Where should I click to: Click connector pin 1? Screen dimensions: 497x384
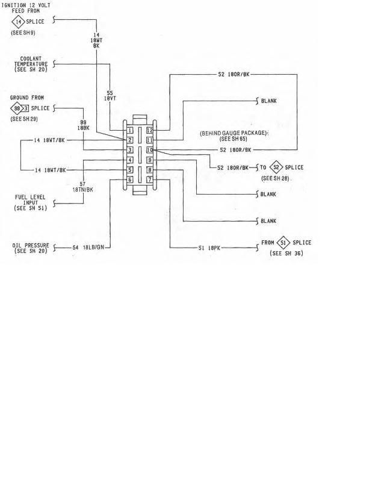[129, 130]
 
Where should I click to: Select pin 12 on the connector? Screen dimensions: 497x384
[150, 130]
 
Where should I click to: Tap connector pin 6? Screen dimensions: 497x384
[129, 180]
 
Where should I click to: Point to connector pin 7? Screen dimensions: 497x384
[150, 180]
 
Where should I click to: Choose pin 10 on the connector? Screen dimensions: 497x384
[150, 150]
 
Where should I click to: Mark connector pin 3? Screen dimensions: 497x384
[129, 150]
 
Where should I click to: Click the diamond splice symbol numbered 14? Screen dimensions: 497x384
[19, 22]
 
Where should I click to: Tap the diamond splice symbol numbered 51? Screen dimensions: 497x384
[283, 243]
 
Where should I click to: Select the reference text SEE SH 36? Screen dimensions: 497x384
[286, 254]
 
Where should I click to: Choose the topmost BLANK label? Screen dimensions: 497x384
[269, 101]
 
